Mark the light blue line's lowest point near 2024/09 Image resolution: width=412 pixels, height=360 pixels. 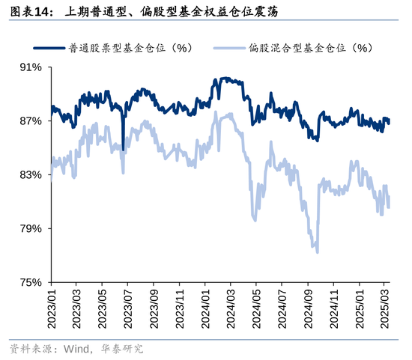pos(318,252)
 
